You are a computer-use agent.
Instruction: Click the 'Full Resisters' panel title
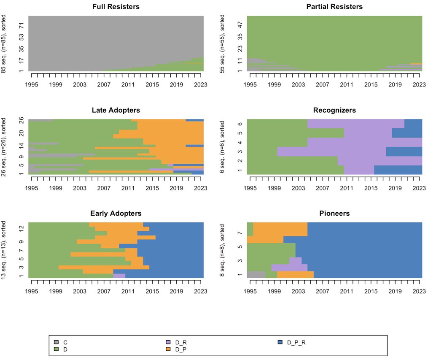116,7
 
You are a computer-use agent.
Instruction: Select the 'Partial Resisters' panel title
334,7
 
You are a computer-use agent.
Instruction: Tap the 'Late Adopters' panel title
116,110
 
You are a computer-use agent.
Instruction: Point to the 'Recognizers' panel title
334,110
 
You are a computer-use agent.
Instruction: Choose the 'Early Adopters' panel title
116,214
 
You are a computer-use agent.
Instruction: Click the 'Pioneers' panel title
334,214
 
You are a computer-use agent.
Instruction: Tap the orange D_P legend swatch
168,349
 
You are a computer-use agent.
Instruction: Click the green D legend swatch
56,349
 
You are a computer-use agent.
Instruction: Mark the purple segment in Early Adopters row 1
119,276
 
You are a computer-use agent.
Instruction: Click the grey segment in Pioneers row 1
256,274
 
